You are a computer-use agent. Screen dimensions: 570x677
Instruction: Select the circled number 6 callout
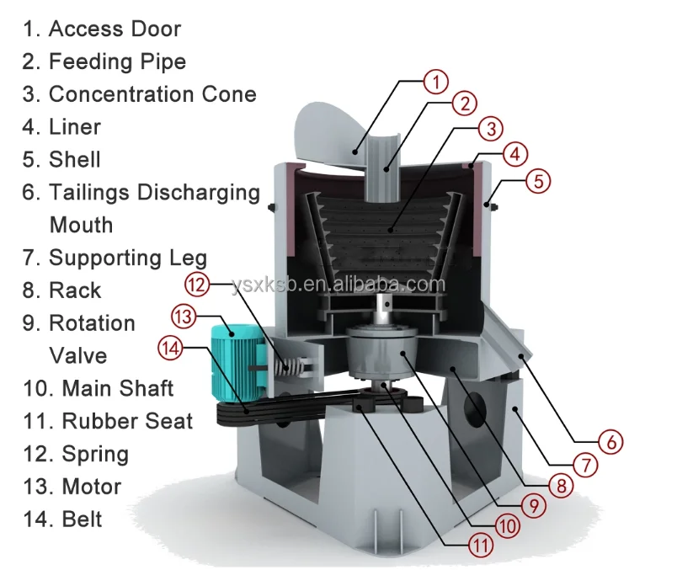611,440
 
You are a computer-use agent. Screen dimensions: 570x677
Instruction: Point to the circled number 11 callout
480,546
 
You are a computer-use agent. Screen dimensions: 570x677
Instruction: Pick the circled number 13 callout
183,317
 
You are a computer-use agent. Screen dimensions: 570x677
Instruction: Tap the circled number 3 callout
490,129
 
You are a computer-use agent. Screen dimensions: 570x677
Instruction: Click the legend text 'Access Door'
115,29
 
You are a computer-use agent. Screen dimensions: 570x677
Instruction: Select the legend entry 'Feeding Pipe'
117,61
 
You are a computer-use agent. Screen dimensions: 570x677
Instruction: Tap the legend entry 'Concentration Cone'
152,94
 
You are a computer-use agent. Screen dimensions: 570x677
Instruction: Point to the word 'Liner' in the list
75,127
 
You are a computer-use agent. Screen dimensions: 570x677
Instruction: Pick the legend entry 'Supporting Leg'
127,258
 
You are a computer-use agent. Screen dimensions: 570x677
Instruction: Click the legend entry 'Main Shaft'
118,388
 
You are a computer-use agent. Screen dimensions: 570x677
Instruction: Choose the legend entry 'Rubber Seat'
127,421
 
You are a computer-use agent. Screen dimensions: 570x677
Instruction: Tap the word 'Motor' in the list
91,487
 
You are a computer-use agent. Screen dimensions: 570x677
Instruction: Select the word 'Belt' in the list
82,519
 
